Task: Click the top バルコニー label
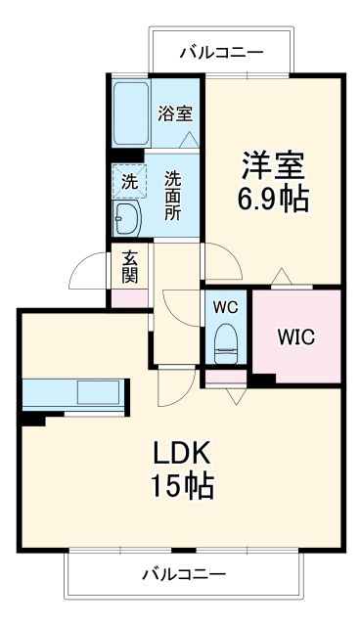tap(220, 52)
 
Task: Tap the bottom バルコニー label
tap(182, 573)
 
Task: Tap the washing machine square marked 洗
tap(129, 181)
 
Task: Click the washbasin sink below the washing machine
tap(127, 216)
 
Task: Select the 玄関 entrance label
tap(128, 267)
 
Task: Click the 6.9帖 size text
tap(272, 200)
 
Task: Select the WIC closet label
tap(294, 339)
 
